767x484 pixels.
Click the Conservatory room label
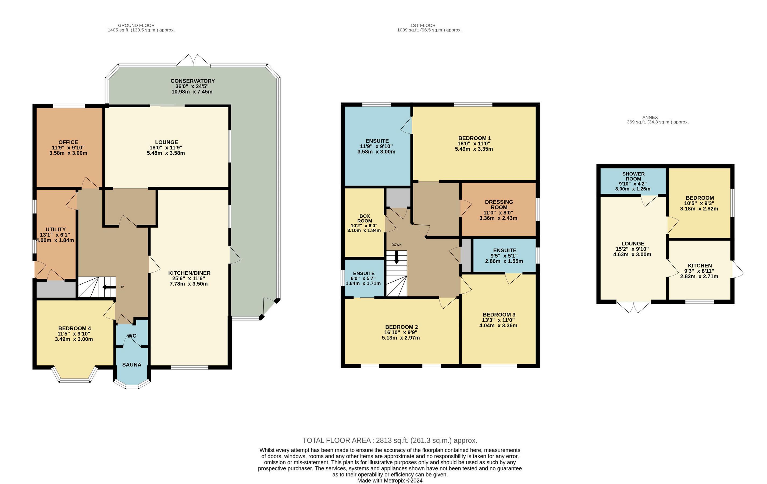pos(192,81)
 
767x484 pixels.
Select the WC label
pos(132,336)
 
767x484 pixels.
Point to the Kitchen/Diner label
pos(189,273)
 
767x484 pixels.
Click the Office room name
pos(68,142)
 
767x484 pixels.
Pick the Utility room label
pos(55,229)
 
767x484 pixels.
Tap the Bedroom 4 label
pos(74,328)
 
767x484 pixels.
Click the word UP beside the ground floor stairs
pos(122,287)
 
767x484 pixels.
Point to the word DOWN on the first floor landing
pos(397,245)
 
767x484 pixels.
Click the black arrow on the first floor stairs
pos(397,257)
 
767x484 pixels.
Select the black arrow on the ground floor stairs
pos(109,287)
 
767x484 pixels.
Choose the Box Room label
pos(365,218)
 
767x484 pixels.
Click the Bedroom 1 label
pos(474,138)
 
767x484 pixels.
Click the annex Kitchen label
pos(700,266)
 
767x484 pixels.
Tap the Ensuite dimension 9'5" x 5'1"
pos(504,256)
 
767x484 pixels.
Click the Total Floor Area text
pos(390,440)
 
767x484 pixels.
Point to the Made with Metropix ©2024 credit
pos(390,481)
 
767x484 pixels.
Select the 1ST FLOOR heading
pos(423,25)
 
